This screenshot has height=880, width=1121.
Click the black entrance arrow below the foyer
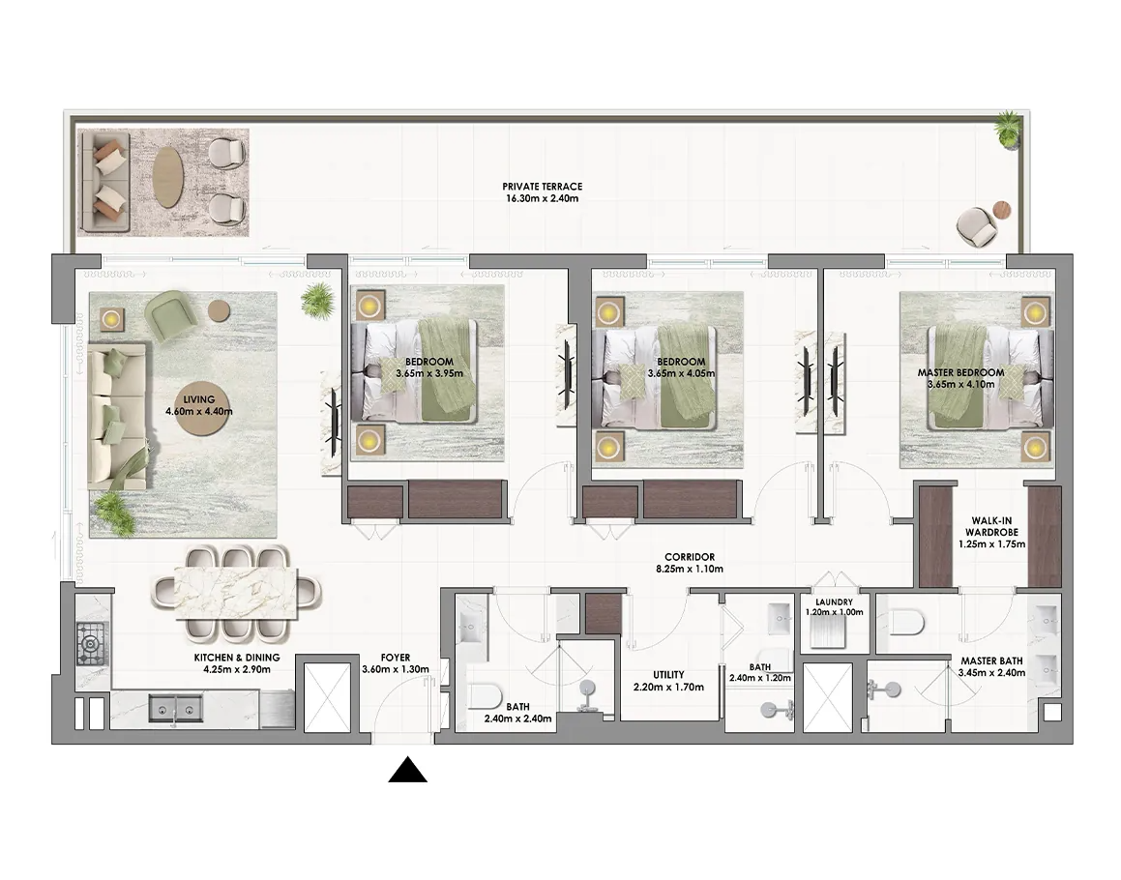pyautogui.click(x=407, y=770)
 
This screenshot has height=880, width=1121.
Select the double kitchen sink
pyautogui.click(x=175, y=709)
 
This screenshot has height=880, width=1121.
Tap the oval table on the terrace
pyautogui.click(x=168, y=177)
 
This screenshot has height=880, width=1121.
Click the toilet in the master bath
pyautogui.click(x=907, y=623)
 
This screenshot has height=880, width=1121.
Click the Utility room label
pyautogui.click(x=668, y=675)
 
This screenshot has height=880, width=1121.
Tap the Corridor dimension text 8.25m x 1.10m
pyautogui.click(x=690, y=570)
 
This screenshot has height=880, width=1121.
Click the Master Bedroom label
pyautogui.click(x=960, y=372)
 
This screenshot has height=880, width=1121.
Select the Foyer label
pyautogui.click(x=396, y=658)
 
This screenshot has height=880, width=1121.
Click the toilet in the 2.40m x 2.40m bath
pyautogui.click(x=486, y=695)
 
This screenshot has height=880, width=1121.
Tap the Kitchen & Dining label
pyautogui.click(x=237, y=658)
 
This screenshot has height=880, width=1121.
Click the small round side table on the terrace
pyautogui.click(x=1002, y=210)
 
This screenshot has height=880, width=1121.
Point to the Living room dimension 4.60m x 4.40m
pyautogui.click(x=198, y=412)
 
